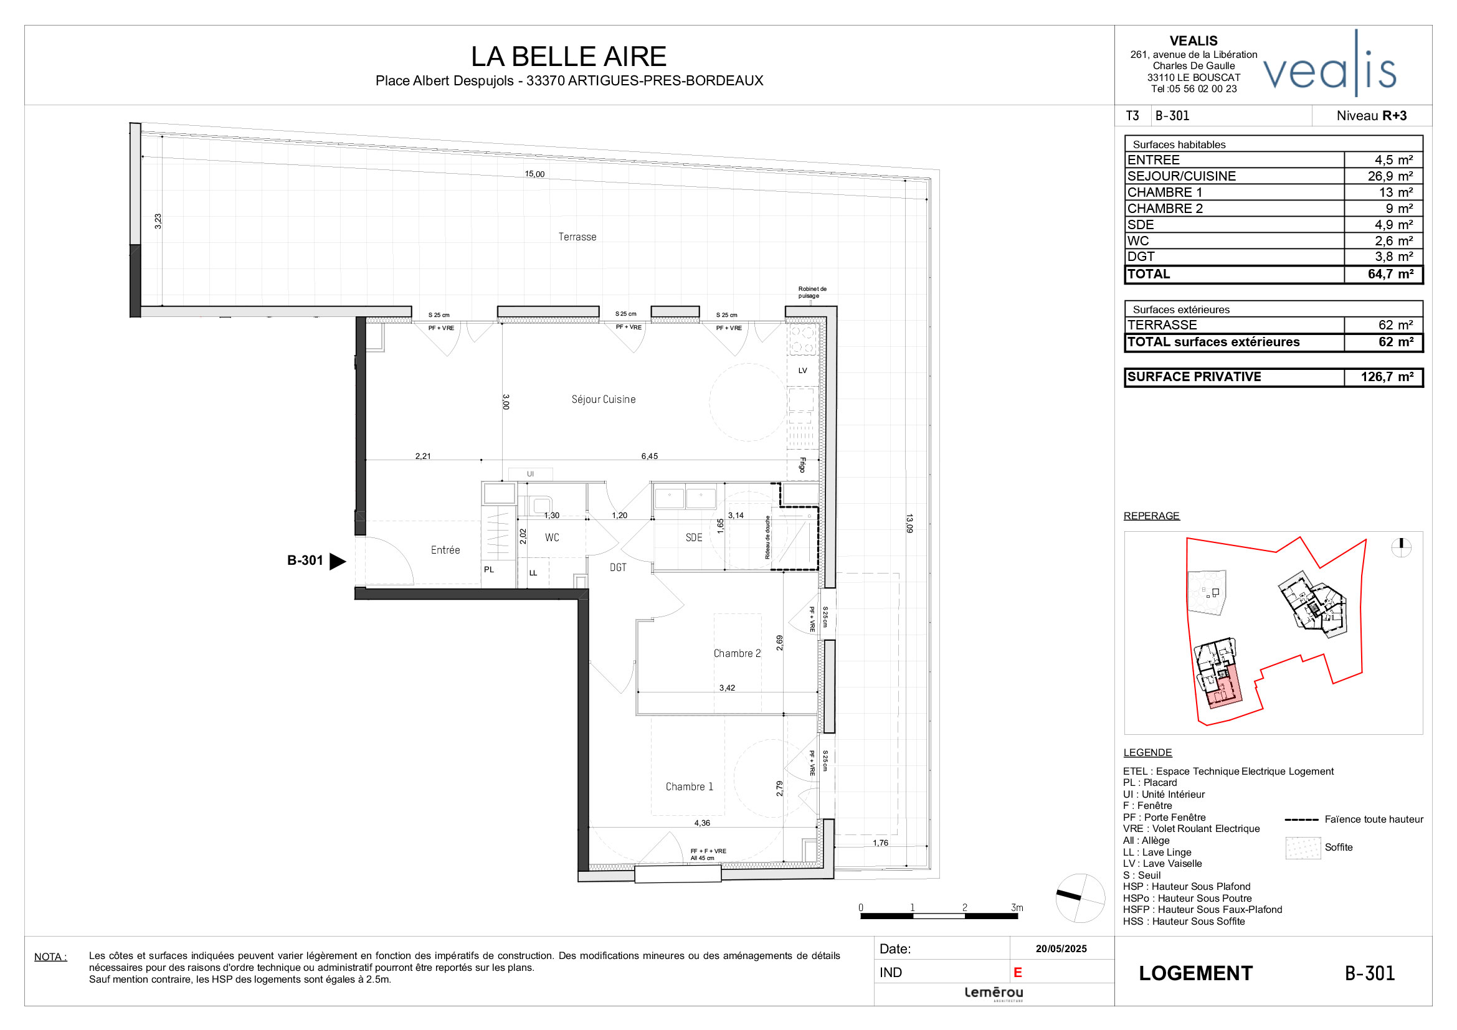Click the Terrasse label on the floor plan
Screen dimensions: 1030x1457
[x=577, y=237]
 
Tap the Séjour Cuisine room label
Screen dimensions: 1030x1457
[x=603, y=399]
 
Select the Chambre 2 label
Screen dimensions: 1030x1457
[x=736, y=653]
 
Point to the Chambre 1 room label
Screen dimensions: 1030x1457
[x=689, y=787]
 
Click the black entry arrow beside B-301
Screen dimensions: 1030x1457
[x=338, y=560]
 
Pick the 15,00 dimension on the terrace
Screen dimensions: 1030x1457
[x=534, y=174]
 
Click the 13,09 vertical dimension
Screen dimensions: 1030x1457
[x=909, y=523]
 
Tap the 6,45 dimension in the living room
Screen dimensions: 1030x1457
[x=649, y=456]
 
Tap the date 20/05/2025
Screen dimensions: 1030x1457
[x=1061, y=949]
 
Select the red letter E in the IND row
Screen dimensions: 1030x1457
[x=1017, y=972]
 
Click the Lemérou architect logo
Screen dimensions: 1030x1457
[x=993, y=993]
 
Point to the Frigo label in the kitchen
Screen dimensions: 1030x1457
[x=803, y=465]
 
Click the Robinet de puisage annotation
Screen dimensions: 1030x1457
[x=812, y=293]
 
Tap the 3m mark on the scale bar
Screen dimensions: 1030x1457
[x=1017, y=907]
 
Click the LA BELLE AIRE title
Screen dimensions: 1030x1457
[x=568, y=57]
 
